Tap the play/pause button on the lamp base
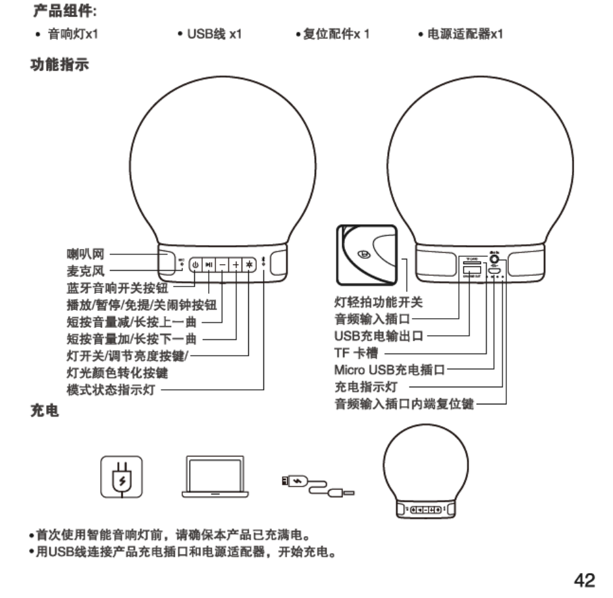pos(209,263)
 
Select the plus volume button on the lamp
pos(236,263)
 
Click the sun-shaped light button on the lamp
pos(249,263)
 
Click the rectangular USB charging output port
pos(470,271)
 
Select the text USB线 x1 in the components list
pos(214,34)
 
